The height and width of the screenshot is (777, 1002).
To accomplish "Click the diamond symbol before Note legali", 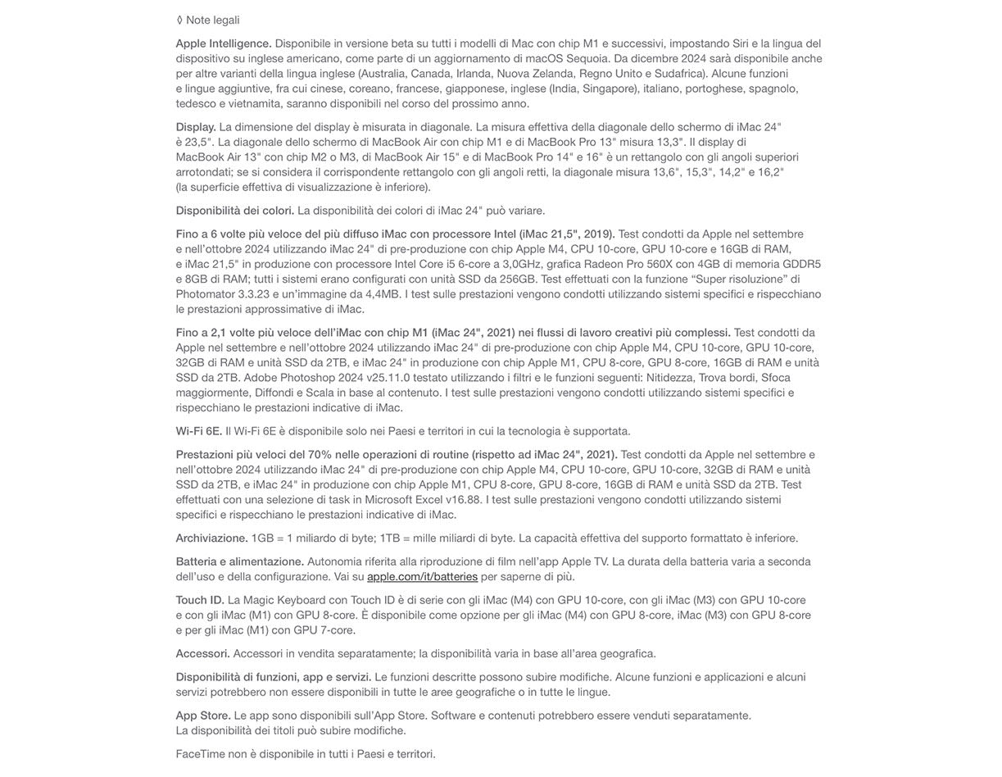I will [179, 20].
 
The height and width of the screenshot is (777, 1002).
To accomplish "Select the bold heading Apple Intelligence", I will [223, 43].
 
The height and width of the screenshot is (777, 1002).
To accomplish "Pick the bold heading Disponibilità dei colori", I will [234, 211].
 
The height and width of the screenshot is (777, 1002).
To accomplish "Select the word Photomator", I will [205, 294].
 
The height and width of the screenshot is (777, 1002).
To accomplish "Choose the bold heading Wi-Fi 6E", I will [198, 431].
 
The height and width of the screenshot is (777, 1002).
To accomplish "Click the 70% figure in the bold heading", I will [320, 455].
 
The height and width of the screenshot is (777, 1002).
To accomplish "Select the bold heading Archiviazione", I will [211, 538].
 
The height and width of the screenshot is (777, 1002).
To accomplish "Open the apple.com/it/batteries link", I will [422, 577].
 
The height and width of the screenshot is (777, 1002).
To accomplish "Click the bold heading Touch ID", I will [199, 600].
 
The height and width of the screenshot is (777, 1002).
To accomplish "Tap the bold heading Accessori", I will [202, 654].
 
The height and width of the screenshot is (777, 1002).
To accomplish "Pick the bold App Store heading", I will [202, 716].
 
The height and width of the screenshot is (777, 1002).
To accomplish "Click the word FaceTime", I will [200, 754].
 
